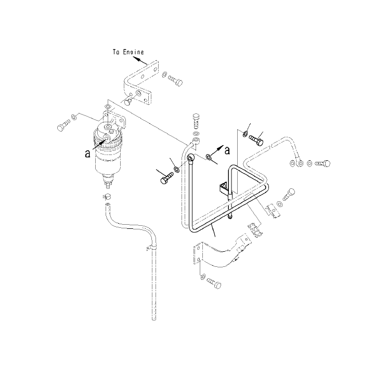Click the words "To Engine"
128,52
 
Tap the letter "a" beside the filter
87,154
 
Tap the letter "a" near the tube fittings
227,150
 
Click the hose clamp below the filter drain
106,197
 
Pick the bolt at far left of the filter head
63,125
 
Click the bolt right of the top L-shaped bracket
175,81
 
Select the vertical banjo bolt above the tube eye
196,121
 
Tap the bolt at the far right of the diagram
323,163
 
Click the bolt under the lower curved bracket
214,283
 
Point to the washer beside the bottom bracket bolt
203,276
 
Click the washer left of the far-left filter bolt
74,117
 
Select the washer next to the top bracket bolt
164,74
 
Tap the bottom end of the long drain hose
154,319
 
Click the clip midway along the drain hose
150,247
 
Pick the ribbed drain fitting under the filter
107,184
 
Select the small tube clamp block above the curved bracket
255,230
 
